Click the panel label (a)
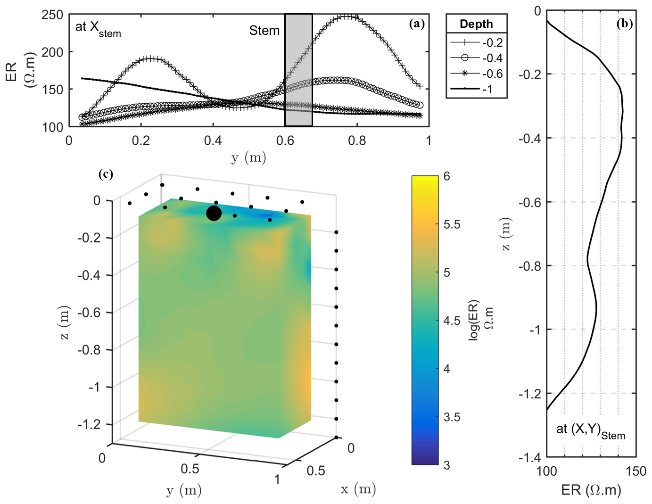417,24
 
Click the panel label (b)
624,24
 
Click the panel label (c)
106,174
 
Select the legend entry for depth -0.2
477,42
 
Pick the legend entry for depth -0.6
477,74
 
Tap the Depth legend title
476,24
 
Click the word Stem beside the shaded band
264,31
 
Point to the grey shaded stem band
298,71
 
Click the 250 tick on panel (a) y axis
52,15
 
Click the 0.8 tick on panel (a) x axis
357,140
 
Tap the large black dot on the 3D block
214,214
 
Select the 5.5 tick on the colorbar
452,224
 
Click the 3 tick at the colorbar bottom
447,465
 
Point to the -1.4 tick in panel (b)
530,457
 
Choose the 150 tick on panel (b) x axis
635,471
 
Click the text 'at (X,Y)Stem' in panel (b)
590,430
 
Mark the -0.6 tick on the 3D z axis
89,313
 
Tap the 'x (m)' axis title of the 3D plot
358,489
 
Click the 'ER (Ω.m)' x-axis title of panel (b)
591,490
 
